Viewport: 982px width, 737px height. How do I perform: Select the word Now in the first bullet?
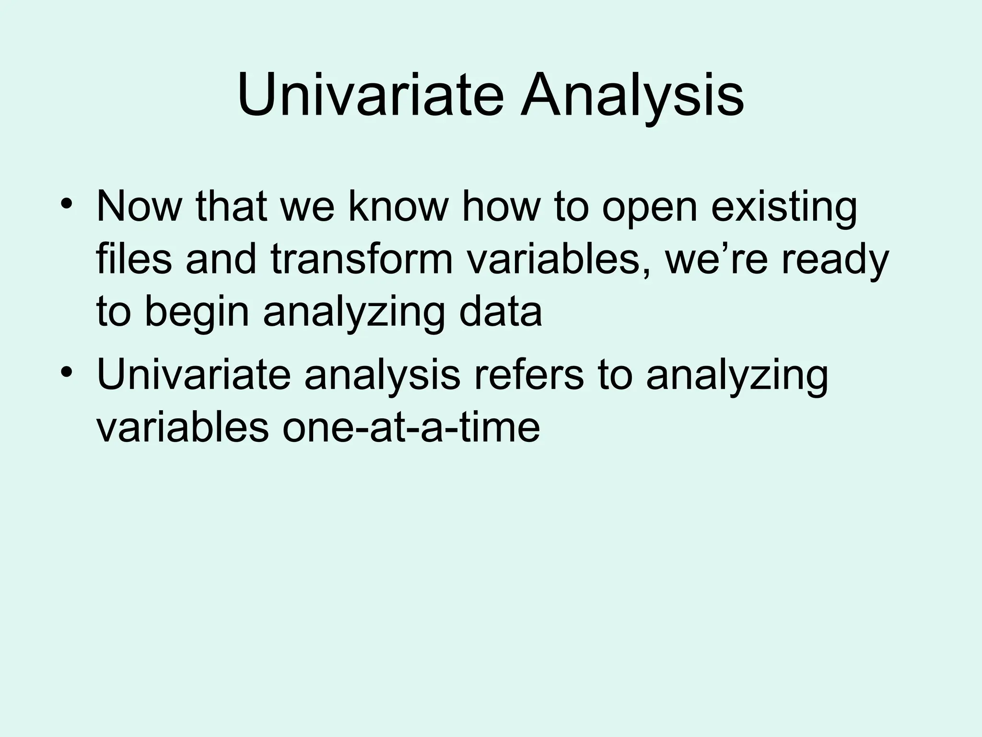(139, 207)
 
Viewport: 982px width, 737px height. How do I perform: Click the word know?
(397, 207)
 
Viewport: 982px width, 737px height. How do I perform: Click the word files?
(134, 260)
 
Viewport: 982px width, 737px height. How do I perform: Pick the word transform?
(362, 260)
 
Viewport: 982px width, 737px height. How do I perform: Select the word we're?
(716, 260)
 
